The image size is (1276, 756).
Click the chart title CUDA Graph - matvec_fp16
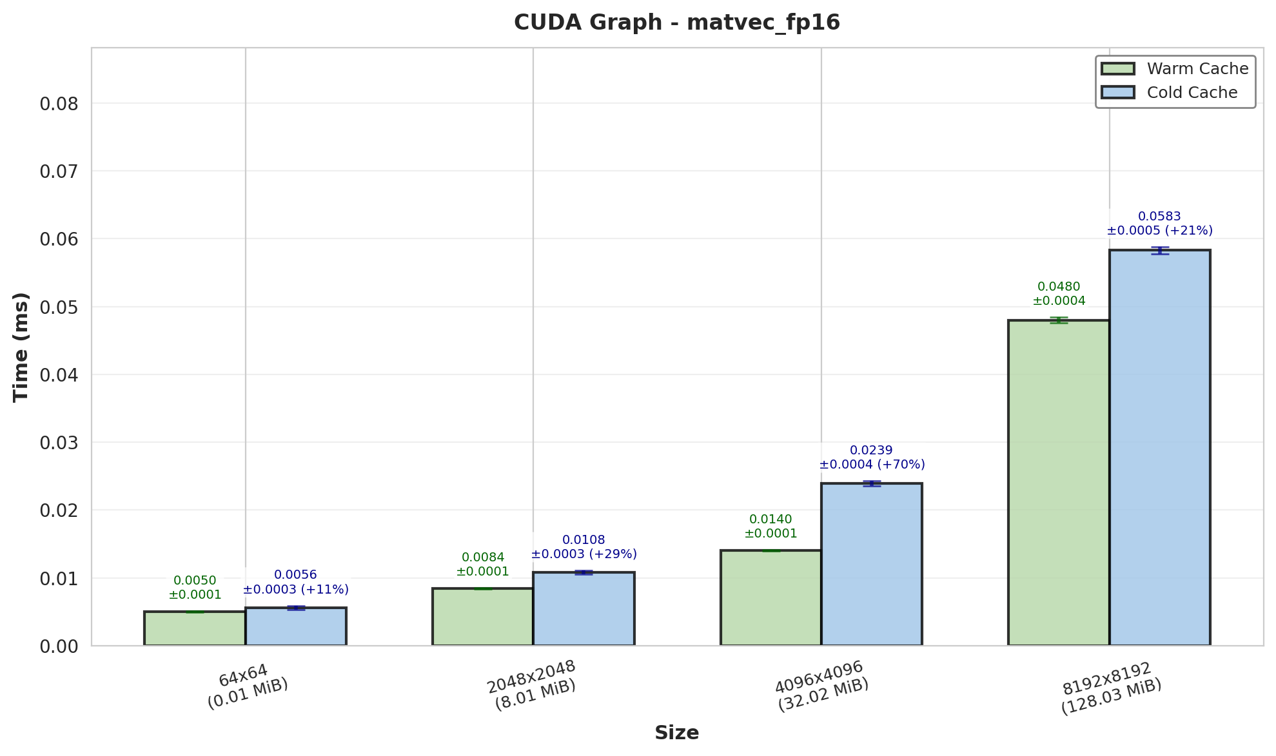677,23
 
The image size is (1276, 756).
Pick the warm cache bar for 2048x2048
483,617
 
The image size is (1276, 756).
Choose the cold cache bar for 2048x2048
584,609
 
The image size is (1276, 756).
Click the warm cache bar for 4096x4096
771,598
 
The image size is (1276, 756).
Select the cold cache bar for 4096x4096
872,565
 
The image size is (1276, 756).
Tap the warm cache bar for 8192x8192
1059,483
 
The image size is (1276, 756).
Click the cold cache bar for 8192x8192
1159,448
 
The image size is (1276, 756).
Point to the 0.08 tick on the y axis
59,104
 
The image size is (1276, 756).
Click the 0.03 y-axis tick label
59,443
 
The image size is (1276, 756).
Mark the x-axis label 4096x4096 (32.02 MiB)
821,686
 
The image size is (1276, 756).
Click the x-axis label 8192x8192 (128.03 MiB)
1110,688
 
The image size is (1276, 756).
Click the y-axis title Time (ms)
21,347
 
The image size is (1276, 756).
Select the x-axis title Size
677,733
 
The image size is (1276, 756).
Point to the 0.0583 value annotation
1159,217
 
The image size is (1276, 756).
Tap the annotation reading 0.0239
871,451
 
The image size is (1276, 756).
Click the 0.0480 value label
1059,287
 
